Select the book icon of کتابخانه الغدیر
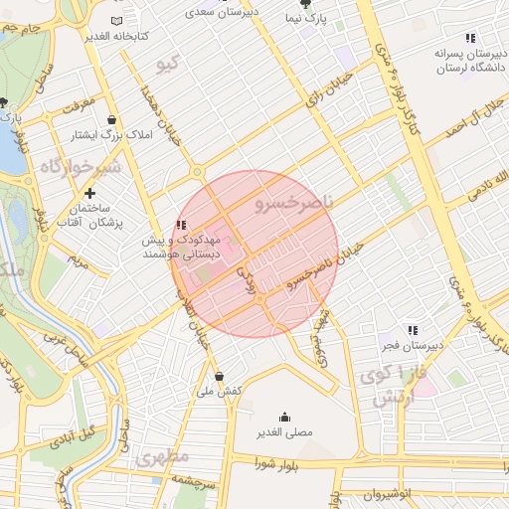(x=117, y=21)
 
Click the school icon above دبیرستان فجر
(x=413, y=330)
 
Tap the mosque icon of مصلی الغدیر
(x=285, y=417)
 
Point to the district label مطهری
(x=163, y=458)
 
